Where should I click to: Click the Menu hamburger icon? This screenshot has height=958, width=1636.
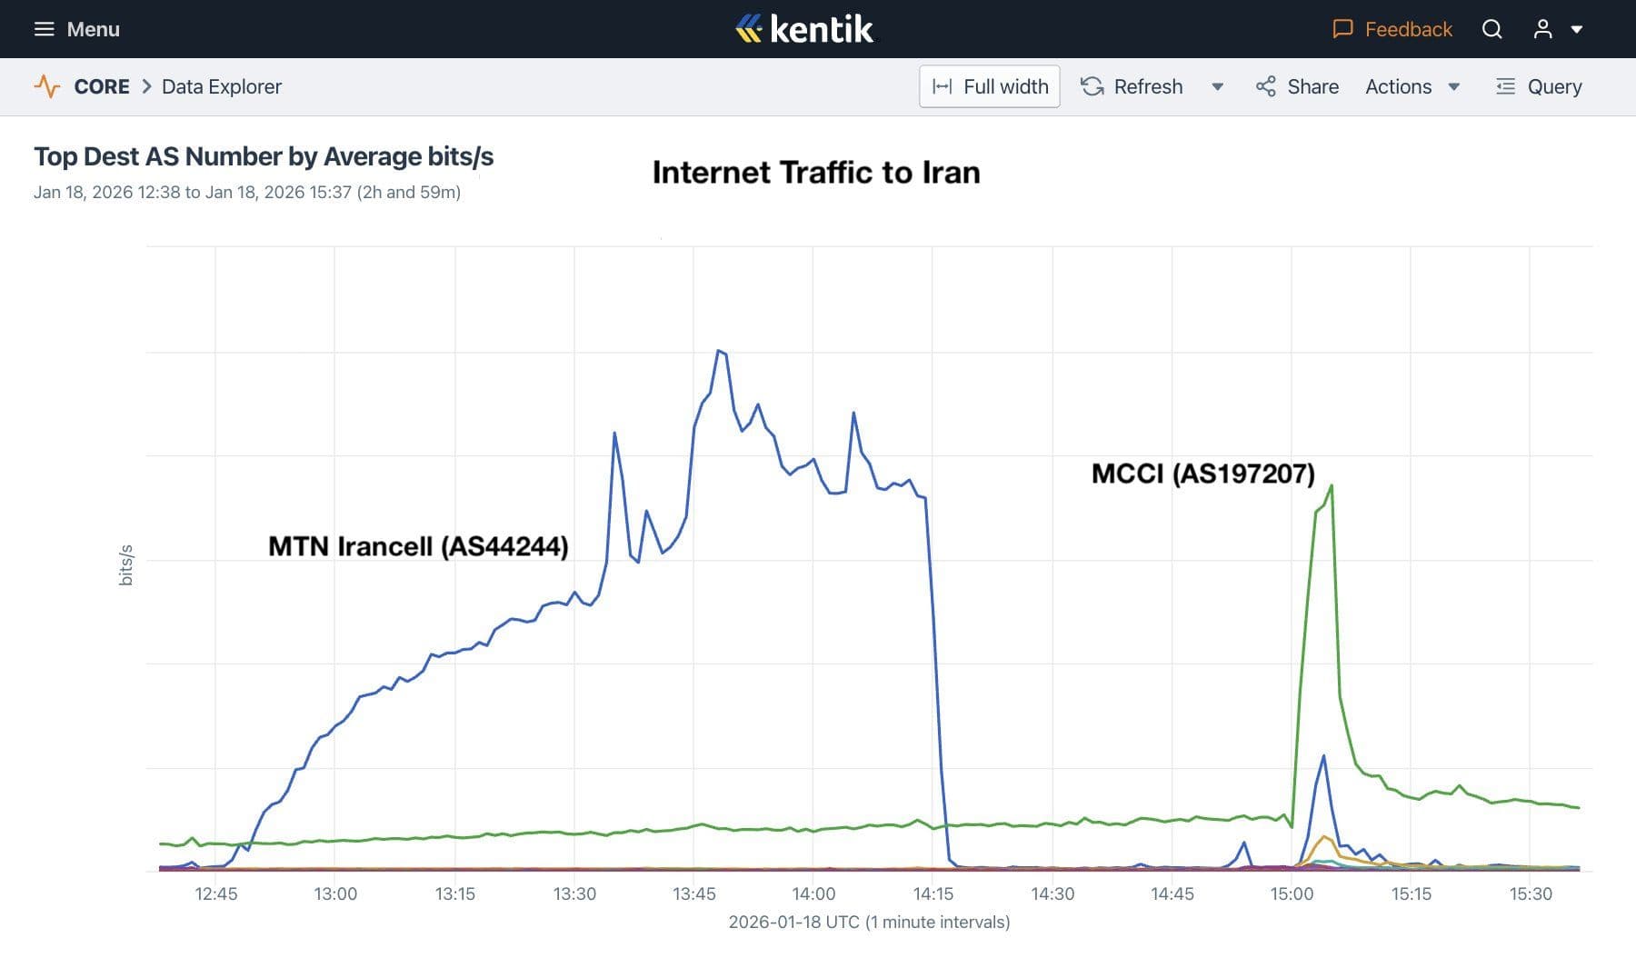[x=44, y=29]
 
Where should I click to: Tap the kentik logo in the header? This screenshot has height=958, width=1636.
[x=804, y=29]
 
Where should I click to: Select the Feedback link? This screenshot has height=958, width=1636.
[x=1392, y=29]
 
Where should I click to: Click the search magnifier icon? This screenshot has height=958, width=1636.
[x=1491, y=29]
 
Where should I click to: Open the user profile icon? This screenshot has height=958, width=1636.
[x=1542, y=29]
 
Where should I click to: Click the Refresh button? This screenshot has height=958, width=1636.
[x=1132, y=86]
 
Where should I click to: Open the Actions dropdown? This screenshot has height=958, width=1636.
[x=1412, y=86]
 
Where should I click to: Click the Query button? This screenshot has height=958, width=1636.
[x=1539, y=86]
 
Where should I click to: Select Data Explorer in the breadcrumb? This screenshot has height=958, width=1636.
[x=221, y=86]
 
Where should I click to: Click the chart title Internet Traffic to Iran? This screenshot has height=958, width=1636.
[x=816, y=173]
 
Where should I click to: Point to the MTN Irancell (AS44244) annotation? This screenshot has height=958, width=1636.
[x=418, y=546]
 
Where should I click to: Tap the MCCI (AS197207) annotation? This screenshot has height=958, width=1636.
[x=1202, y=474]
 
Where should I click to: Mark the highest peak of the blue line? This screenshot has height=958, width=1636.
[x=718, y=350]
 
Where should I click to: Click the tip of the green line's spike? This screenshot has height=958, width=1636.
[x=1332, y=485]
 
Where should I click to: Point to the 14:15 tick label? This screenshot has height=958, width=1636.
[x=933, y=893]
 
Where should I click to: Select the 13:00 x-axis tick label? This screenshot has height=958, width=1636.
[x=335, y=893]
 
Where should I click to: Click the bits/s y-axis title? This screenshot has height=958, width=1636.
[x=126, y=564]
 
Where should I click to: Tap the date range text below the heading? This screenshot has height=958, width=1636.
[x=247, y=193]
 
